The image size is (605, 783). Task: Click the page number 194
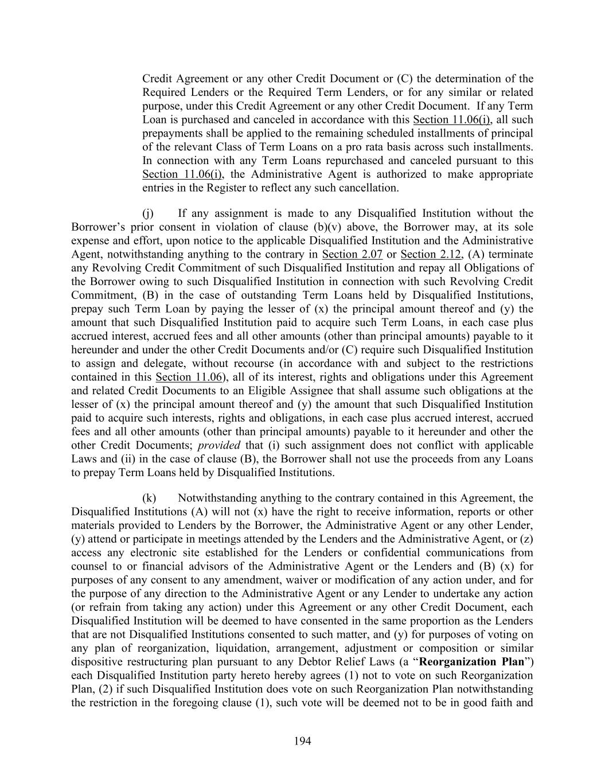point(302,741)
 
